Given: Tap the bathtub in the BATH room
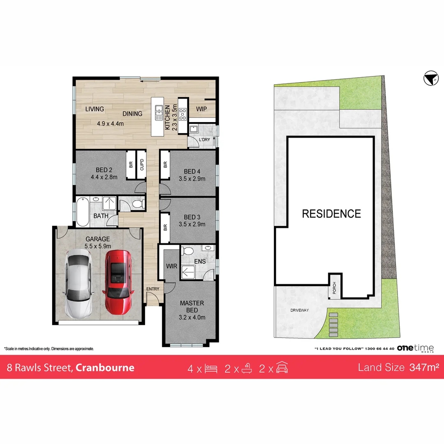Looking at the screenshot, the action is click(82, 212).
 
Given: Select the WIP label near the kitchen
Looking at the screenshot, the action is click(201, 109).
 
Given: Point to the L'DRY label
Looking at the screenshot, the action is click(204, 140).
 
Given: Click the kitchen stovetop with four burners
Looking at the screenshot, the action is click(183, 114).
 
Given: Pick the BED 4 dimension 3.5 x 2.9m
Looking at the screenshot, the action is click(192, 179).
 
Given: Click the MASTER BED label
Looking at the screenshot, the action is click(192, 307).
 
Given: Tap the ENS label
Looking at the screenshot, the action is click(200, 261).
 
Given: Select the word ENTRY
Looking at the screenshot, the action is click(153, 289).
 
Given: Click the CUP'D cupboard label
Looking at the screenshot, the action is click(142, 165).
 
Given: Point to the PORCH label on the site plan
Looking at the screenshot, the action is click(334, 288).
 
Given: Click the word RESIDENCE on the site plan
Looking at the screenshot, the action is click(332, 214).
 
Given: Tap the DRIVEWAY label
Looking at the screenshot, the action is click(300, 310).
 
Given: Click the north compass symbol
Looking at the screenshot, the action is click(431, 78).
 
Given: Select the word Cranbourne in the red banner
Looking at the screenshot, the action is click(105, 368).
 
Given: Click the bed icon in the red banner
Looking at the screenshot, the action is click(211, 369).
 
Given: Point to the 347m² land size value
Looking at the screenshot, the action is click(424, 367).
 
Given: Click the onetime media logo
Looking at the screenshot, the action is click(415, 348).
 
